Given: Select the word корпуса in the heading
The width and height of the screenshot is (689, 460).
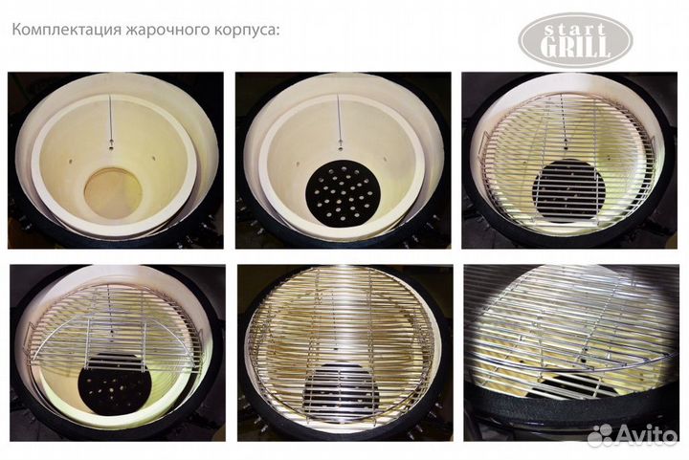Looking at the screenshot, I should (242, 30).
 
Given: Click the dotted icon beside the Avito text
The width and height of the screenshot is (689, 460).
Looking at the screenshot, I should (602, 435).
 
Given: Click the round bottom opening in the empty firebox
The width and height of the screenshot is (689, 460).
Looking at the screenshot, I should (113, 193).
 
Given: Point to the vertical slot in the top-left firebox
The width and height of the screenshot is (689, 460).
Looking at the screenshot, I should (113, 120).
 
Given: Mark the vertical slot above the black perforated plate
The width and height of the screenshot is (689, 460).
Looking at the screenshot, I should (341, 120).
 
